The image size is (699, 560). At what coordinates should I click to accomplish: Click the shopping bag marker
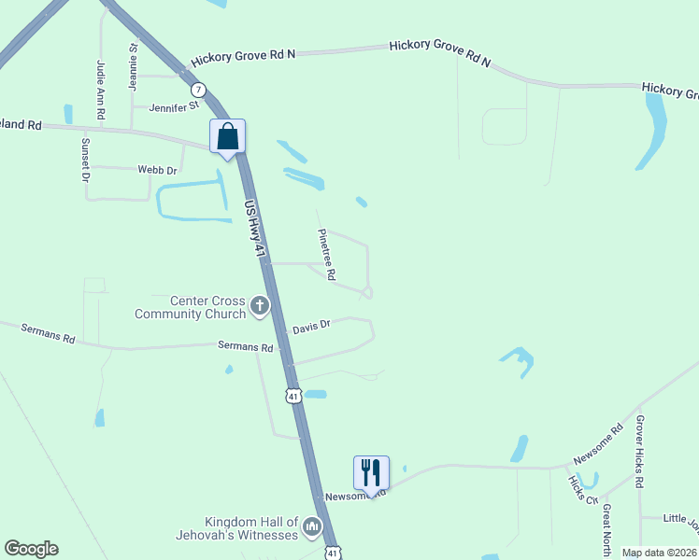click(227, 137)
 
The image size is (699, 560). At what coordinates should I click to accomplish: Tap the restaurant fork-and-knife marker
click(371, 472)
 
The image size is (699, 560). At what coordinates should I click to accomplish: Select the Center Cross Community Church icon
click(260, 305)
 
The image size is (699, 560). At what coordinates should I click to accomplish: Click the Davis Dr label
click(311, 328)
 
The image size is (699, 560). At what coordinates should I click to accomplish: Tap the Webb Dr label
click(158, 170)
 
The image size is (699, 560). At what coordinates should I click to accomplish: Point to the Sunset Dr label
click(85, 160)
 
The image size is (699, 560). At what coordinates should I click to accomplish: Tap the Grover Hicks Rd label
click(640, 452)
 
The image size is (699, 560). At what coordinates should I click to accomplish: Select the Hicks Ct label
click(582, 488)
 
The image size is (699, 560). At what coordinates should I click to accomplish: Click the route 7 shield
click(197, 90)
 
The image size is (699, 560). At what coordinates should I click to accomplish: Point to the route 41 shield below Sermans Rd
click(293, 396)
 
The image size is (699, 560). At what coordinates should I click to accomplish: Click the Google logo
click(31, 549)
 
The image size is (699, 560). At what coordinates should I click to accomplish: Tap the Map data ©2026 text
click(659, 553)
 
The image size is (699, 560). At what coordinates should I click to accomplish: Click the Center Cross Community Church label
click(190, 307)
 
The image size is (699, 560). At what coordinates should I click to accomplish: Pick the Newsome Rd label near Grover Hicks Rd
click(598, 445)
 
